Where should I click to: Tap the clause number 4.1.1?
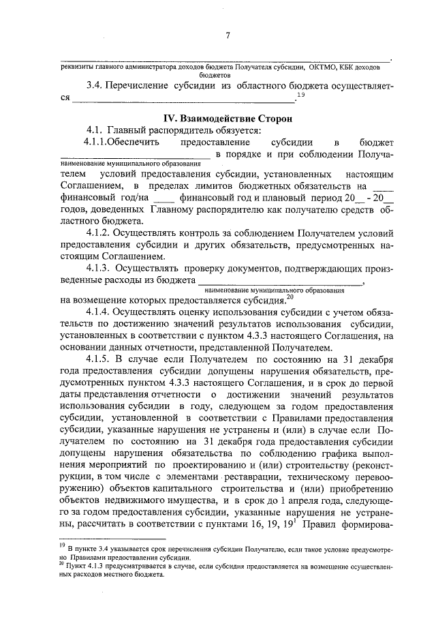pyautogui.click(x=97, y=142)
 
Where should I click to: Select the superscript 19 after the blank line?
pyautogui.click(x=300, y=95)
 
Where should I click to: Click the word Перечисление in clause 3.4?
pyautogui.click(x=146, y=87)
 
